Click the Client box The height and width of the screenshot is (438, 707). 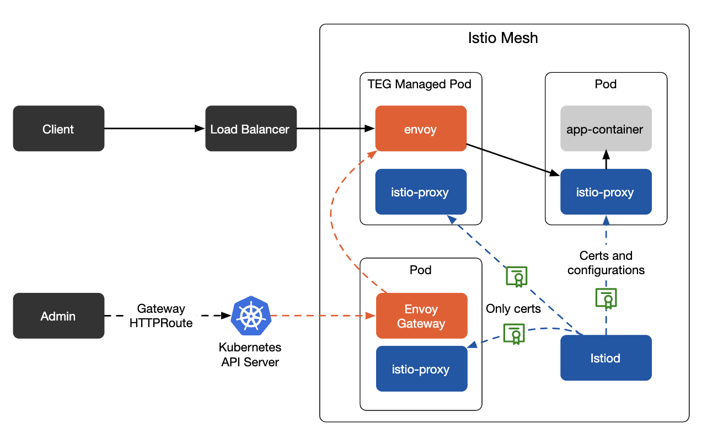58,129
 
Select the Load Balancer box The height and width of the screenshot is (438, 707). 250,129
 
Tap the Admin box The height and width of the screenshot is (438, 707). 58,316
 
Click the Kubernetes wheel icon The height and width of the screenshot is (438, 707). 251,316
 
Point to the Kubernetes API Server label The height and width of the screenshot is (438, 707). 250,355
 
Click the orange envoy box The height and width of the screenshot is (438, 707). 421,129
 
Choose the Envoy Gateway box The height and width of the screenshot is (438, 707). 421,316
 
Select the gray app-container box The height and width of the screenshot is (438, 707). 606,129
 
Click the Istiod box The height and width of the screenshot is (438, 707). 606,357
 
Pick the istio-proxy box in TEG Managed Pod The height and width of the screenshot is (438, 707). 421,192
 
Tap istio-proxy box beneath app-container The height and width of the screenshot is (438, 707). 606,192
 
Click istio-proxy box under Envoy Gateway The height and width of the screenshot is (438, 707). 421,368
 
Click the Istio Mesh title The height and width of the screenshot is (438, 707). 502,38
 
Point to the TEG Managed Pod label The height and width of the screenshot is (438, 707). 419,84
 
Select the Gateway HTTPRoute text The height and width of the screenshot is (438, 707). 161,316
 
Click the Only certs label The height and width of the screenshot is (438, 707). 513,308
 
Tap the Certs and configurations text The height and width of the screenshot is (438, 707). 606,263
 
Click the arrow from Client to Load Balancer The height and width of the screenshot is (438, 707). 154,129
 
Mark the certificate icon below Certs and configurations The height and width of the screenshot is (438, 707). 606,298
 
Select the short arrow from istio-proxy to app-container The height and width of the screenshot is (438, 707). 606,160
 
